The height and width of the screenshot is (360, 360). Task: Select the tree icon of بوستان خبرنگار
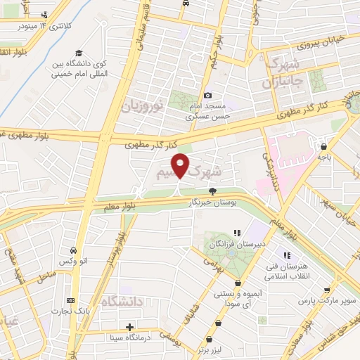(x=212, y=191)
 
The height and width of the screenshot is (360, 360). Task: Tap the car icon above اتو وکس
(x=74, y=250)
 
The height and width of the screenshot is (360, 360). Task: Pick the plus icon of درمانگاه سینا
(x=129, y=326)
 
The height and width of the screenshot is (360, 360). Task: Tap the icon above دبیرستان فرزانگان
(x=237, y=233)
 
